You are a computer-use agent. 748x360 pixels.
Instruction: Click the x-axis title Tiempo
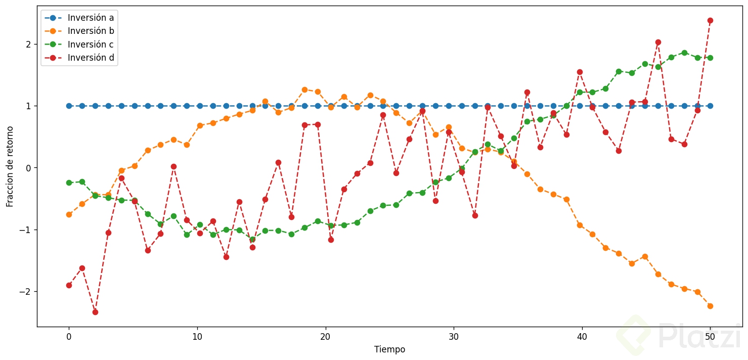click(389, 349)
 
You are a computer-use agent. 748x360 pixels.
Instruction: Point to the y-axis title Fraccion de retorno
click(10, 166)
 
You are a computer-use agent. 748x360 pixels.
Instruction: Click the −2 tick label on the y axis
click(26, 292)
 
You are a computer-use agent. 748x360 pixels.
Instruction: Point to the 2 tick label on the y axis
click(29, 44)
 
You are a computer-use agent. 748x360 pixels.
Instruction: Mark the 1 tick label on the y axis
click(29, 106)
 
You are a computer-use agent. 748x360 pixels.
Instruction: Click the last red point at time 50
click(710, 20)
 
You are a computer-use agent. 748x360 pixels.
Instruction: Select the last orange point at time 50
click(710, 306)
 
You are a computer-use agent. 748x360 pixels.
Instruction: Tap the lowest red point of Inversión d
click(95, 312)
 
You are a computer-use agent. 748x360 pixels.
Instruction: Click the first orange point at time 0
click(69, 214)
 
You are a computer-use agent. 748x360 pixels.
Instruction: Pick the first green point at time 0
click(69, 183)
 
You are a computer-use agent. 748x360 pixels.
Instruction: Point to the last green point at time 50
click(710, 58)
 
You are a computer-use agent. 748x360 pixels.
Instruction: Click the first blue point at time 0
click(69, 106)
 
